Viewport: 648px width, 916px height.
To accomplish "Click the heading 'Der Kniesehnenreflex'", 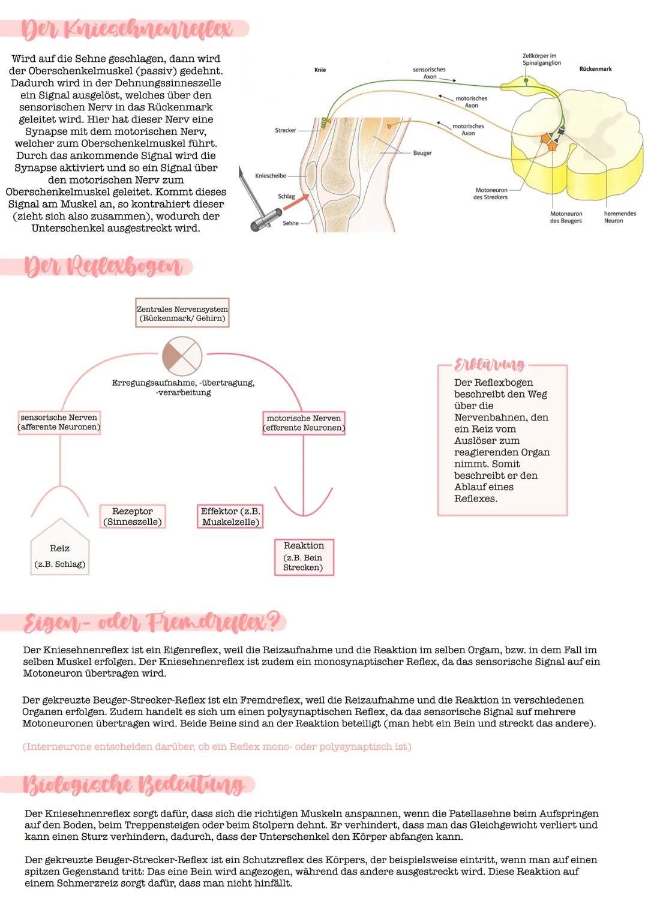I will [127, 29].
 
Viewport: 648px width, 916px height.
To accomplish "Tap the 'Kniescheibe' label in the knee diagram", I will [271, 176].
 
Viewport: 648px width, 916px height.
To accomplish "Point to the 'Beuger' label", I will [422, 153].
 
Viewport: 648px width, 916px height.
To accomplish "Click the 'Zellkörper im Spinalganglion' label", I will [541, 59].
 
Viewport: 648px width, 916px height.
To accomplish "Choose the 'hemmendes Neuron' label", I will [619, 217].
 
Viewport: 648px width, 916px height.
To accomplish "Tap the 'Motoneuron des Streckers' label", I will [490, 194].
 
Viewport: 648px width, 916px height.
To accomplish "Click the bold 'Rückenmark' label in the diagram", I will [595, 69].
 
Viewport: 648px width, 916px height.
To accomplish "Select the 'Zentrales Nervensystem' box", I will [182, 313].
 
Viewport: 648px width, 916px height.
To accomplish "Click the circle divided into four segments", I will [182, 356].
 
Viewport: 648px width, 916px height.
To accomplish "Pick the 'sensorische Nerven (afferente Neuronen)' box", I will [59, 422].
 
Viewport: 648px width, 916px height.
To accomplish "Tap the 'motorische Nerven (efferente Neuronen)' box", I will [304, 423].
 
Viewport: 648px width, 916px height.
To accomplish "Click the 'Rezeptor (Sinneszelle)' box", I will [132, 516].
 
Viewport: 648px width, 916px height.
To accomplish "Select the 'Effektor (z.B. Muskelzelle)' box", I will [230, 516].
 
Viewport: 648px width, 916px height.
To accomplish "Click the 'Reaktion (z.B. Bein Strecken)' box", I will [304, 557].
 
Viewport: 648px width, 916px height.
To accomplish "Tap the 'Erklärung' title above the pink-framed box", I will [490, 365].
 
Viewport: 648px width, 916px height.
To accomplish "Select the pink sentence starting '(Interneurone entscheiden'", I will [217, 747].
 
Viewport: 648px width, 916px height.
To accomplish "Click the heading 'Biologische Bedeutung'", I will [133, 785].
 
